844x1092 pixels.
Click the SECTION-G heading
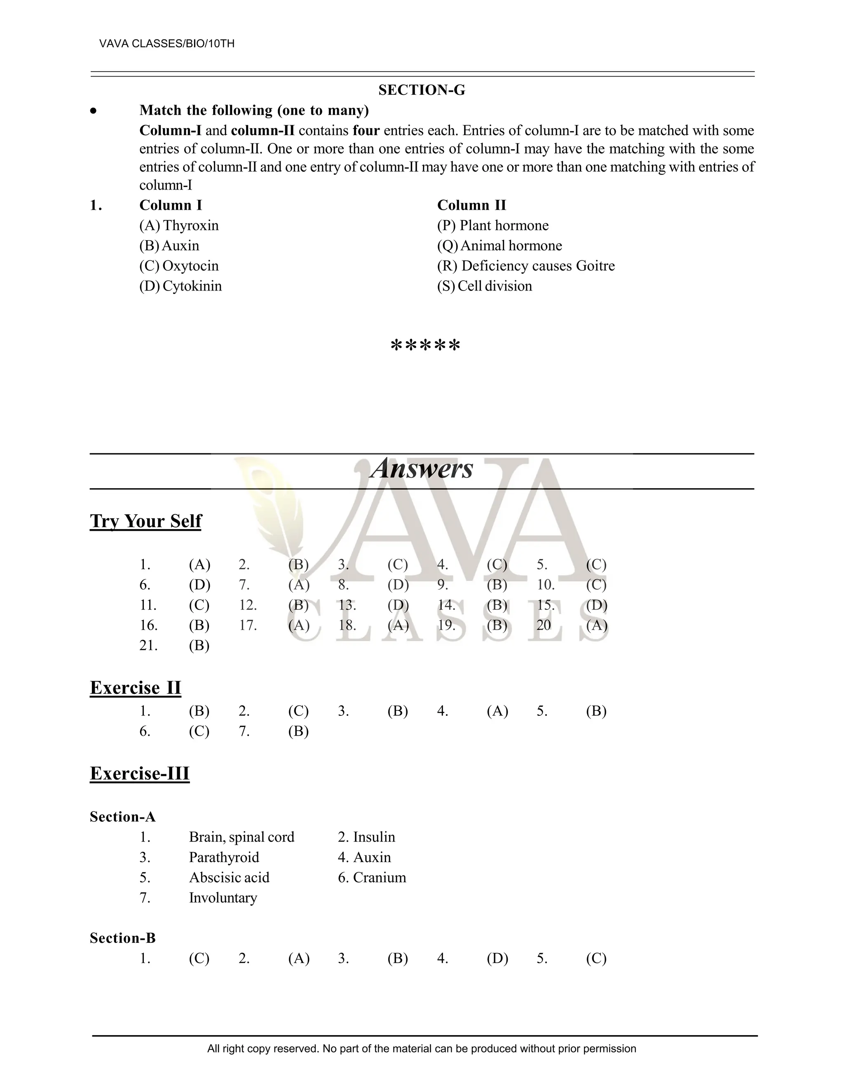422,90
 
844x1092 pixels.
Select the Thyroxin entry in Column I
179,225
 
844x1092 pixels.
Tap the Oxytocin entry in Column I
179,266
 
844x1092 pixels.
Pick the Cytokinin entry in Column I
181,286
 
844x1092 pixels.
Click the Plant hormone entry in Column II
492,225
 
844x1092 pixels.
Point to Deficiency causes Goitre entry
525,266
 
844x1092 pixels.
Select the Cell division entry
485,286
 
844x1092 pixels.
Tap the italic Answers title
422,469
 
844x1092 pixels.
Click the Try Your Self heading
145,521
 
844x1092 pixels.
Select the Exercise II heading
136,687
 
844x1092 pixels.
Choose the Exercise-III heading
140,773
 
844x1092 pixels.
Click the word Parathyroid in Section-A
224,857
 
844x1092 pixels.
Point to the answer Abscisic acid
229,877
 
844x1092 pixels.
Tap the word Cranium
379,877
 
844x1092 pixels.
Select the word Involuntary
223,898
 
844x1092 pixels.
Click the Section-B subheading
122,938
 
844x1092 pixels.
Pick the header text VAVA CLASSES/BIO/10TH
167,44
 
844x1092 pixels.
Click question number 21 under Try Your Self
148,645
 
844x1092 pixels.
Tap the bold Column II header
471,206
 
